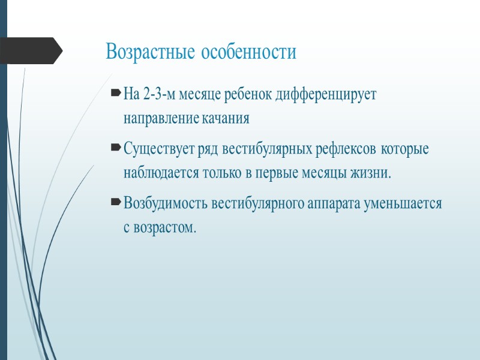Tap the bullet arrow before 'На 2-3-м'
(x=116, y=95)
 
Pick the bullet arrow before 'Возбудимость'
(x=116, y=203)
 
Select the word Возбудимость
(x=166, y=203)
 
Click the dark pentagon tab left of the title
(x=30, y=51)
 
